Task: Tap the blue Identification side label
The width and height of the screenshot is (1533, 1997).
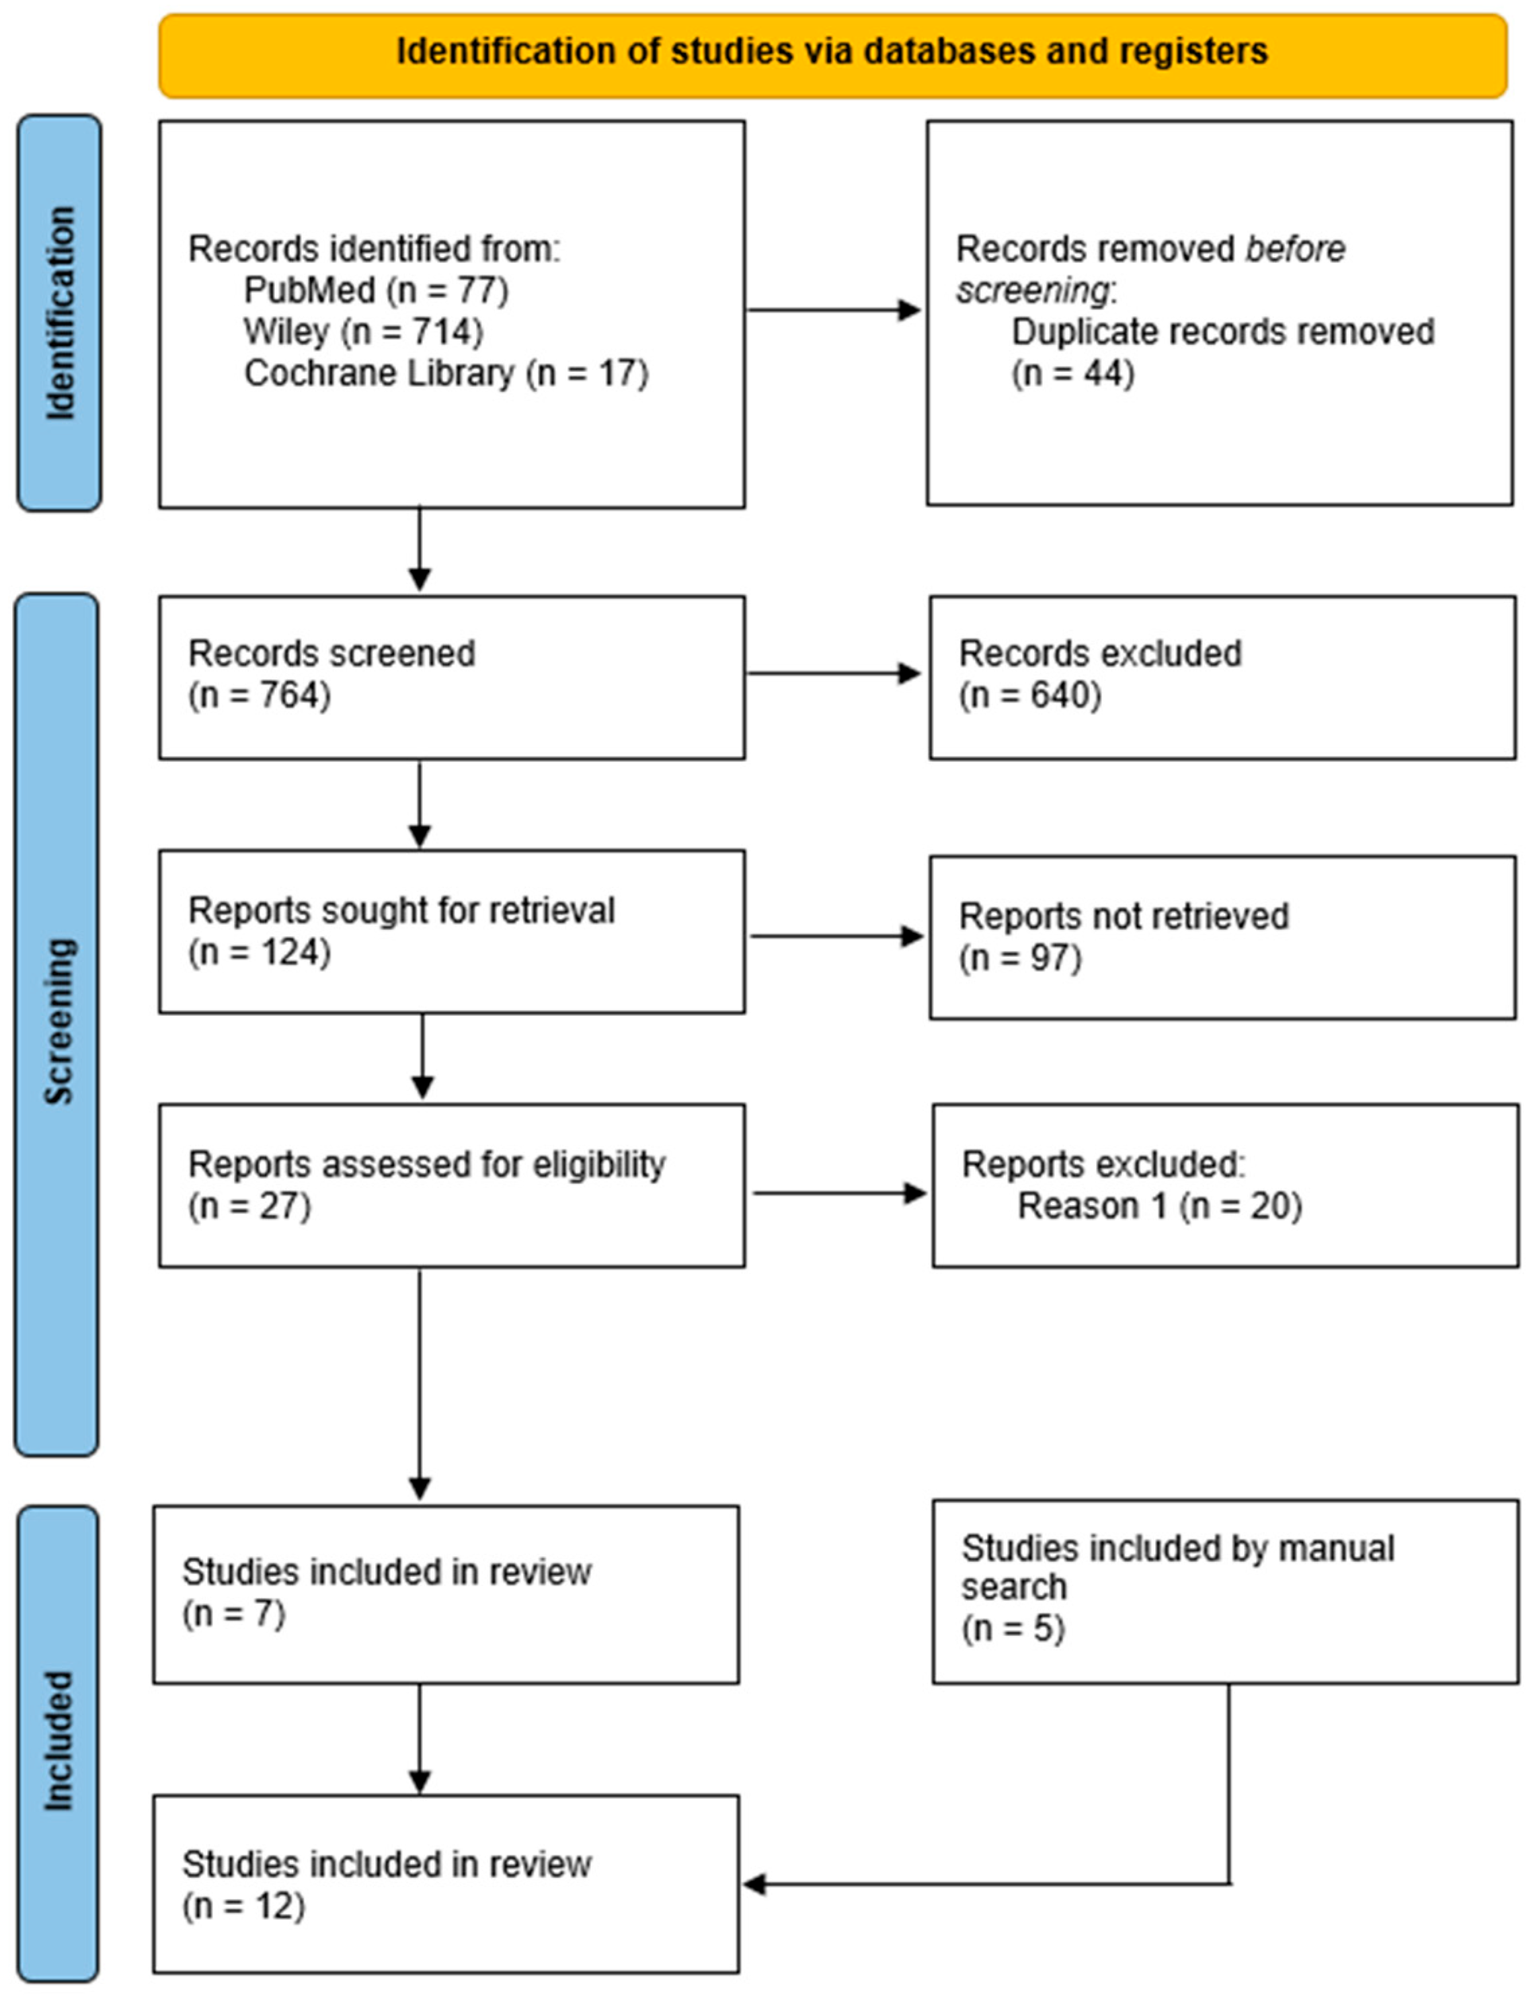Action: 59,313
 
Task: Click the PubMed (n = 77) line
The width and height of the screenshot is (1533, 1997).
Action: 376,290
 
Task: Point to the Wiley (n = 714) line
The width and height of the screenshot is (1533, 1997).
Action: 363,331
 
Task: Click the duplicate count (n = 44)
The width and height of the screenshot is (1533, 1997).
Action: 1072,373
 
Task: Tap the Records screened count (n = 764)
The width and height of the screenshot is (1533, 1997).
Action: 259,695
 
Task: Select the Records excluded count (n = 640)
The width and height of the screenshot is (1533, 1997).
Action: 1029,695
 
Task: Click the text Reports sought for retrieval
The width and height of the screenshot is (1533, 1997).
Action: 401,910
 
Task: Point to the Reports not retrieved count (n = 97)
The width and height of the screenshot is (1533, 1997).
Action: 1019,958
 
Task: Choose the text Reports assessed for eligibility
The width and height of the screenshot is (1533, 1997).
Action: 426,1165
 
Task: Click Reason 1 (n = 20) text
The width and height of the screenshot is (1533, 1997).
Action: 1159,1206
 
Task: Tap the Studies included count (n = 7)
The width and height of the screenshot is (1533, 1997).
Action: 233,1614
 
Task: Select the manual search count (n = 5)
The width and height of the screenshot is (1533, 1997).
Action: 1013,1629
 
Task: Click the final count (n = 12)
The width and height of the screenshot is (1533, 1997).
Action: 243,1907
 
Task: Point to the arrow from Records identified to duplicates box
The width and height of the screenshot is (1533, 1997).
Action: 832,310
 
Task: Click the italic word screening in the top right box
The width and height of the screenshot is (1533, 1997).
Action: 1032,290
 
